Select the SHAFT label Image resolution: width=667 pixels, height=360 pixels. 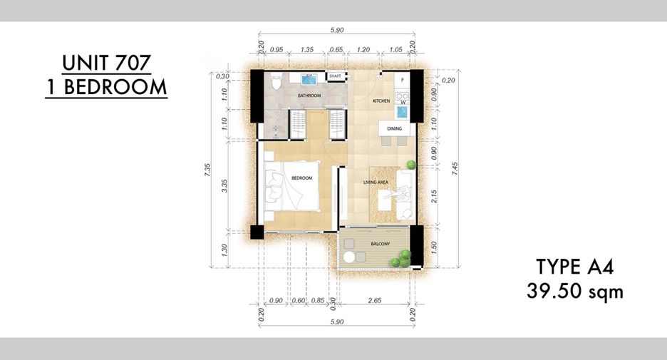[x=335, y=76]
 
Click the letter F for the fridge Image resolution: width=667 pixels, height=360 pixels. [x=402, y=80]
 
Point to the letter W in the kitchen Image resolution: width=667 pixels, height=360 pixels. [x=403, y=103]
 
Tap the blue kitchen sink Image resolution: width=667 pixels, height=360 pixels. [x=402, y=112]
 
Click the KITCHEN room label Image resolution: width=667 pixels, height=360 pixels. [x=381, y=101]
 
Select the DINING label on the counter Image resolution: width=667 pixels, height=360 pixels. [x=394, y=128]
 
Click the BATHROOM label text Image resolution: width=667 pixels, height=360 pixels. [x=309, y=96]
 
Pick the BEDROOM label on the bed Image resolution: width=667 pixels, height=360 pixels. [x=301, y=178]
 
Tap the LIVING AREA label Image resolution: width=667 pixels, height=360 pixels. [x=376, y=182]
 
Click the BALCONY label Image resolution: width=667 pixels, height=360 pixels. [x=381, y=245]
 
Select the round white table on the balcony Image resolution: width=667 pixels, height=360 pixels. [x=349, y=257]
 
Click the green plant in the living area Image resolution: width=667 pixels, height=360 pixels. [x=411, y=165]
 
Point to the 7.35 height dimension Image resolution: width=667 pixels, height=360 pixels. [x=207, y=170]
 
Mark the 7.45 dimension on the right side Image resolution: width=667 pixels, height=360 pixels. [x=455, y=169]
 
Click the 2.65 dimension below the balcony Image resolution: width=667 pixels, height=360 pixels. [x=375, y=300]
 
